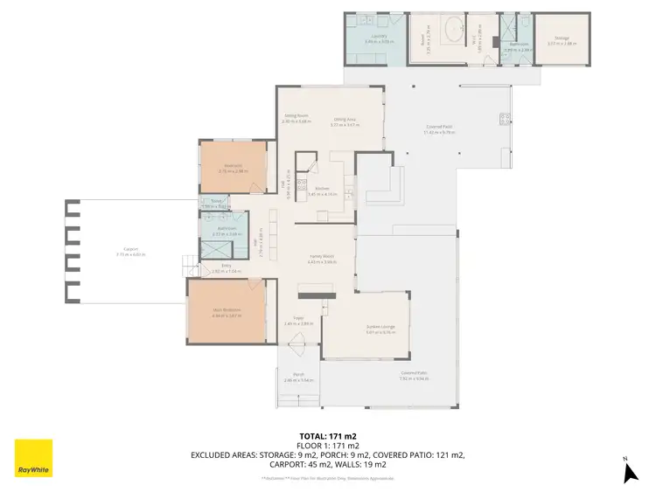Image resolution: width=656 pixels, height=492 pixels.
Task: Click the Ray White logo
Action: pos(33,457)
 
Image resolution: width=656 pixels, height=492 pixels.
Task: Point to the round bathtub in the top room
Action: pos(454,32)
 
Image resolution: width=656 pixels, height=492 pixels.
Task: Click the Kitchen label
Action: pos(322,191)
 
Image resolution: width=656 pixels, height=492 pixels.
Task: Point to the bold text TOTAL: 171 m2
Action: pos(328,435)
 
